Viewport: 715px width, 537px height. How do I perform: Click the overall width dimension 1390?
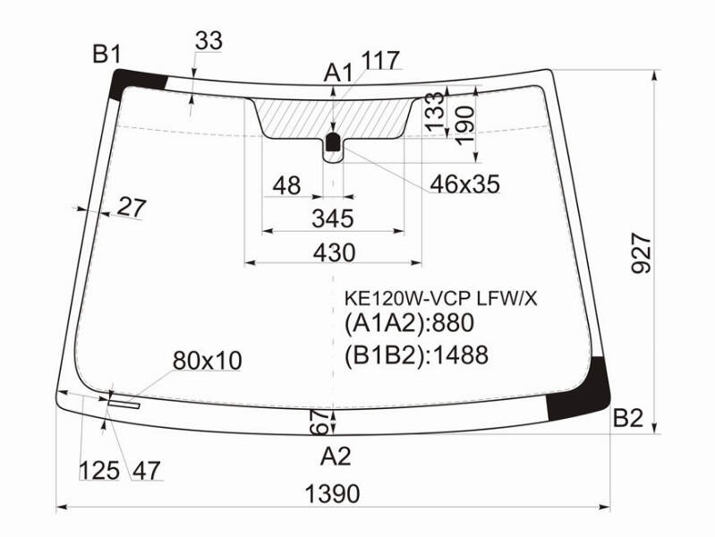(x=332, y=494)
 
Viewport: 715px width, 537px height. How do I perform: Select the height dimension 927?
(x=642, y=252)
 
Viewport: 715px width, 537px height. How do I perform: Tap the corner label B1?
(x=107, y=55)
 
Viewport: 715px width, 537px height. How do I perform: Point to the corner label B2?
(x=628, y=417)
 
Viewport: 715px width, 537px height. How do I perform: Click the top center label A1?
(x=338, y=72)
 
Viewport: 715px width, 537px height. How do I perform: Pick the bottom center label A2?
(x=336, y=456)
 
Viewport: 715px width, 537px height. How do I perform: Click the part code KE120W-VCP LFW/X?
(x=440, y=299)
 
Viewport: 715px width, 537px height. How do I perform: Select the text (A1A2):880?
(x=410, y=323)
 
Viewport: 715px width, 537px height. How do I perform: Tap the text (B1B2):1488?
(x=416, y=355)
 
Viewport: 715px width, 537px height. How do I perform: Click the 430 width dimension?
(x=334, y=252)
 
